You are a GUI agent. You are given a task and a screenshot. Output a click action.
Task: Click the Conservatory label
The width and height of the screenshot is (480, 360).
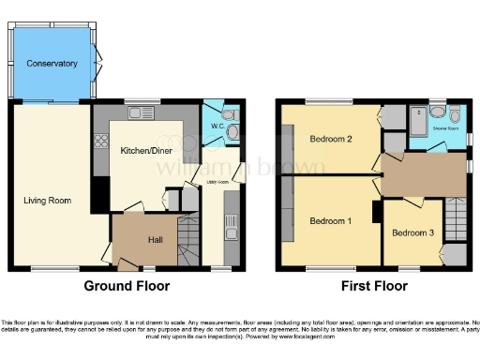pyautogui.click(x=52, y=64)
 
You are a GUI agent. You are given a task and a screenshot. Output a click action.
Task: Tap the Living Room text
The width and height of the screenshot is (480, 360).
pyautogui.click(x=48, y=200)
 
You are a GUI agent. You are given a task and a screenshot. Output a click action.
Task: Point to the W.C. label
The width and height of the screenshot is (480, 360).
pyautogui.click(x=215, y=126)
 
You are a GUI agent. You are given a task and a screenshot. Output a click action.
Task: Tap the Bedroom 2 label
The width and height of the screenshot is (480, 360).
pyautogui.click(x=330, y=140)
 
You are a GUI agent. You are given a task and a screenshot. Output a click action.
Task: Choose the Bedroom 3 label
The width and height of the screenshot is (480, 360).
pyautogui.click(x=412, y=232)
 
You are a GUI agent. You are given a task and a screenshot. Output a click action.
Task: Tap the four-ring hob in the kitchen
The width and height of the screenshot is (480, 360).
pyautogui.click(x=100, y=142)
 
